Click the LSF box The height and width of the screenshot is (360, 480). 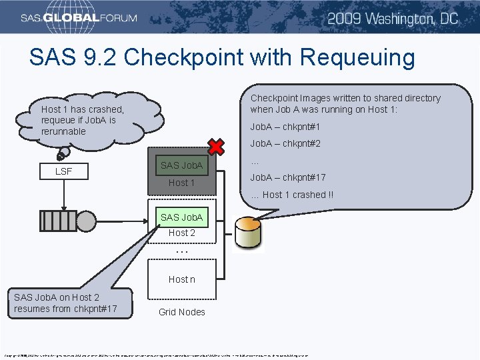tap(63, 171)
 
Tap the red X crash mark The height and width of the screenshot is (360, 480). tap(215, 148)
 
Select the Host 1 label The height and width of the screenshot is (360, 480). tap(181, 183)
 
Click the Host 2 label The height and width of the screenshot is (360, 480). tap(181, 233)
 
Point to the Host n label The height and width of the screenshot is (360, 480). tap(181, 279)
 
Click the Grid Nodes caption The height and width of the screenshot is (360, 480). tap(181, 312)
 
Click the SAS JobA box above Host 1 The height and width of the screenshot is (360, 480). tap(181, 165)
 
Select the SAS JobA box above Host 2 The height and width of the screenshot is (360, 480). tap(181, 217)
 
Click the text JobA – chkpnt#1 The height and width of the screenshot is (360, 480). tap(285, 127)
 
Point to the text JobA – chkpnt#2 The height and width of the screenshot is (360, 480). tap(285, 143)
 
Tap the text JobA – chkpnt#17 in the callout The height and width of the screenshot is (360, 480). tap(288, 177)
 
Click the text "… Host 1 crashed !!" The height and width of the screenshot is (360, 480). tap(292, 195)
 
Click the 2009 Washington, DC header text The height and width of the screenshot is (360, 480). tap(393, 18)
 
